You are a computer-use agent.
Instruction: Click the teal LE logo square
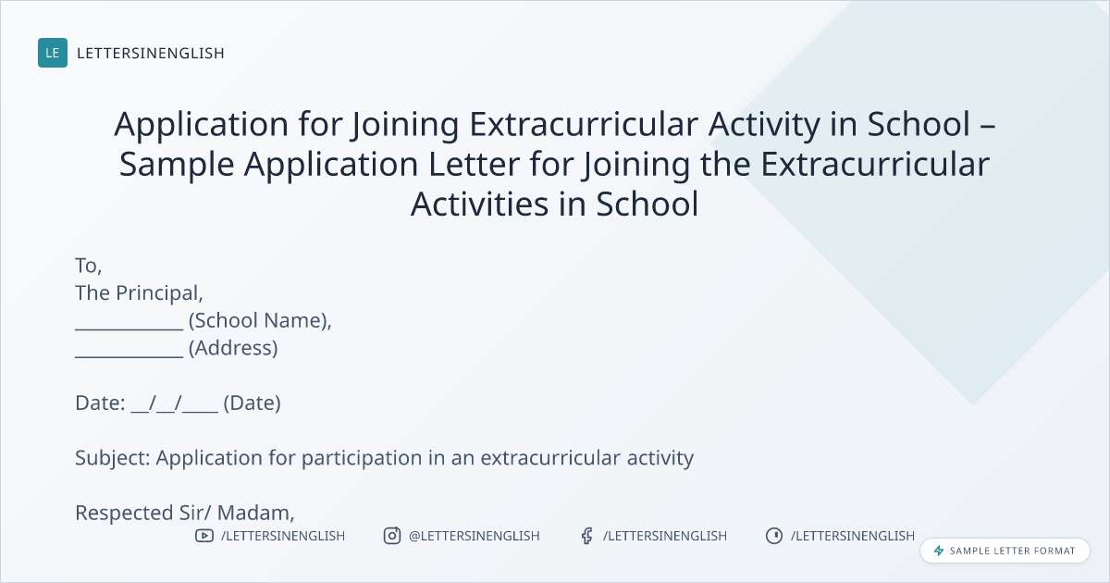(x=53, y=53)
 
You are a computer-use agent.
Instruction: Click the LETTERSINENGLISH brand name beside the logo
(x=151, y=53)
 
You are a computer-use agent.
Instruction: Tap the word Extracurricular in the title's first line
(x=584, y=123)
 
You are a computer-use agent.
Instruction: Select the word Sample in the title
(x=177, y=165)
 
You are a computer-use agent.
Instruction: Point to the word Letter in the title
(x=474, y=164)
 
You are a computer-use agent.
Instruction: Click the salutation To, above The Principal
(x=89, y=266)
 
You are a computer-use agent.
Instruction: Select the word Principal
(x=159, y=293)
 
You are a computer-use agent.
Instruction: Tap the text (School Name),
(x=260, y=321)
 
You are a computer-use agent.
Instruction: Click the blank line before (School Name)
(x=129, y=329)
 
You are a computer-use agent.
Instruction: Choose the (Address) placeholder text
(x=233, y=348)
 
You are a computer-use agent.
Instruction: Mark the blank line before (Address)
(x=129, y=356)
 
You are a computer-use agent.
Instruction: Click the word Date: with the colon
(x=100, y=403)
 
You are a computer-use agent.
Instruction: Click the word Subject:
(x=113, y=458)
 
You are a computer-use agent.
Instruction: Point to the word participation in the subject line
(x=362, y=458)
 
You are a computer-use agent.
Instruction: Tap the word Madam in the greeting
(x=255, y=513)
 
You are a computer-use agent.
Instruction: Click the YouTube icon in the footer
(x=204, y=536)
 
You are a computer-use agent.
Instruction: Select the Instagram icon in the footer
(x=392, y=536)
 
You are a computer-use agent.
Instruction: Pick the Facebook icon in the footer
(x=587, y=536)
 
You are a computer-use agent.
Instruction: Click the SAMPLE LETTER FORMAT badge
(x=1005, y=551)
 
